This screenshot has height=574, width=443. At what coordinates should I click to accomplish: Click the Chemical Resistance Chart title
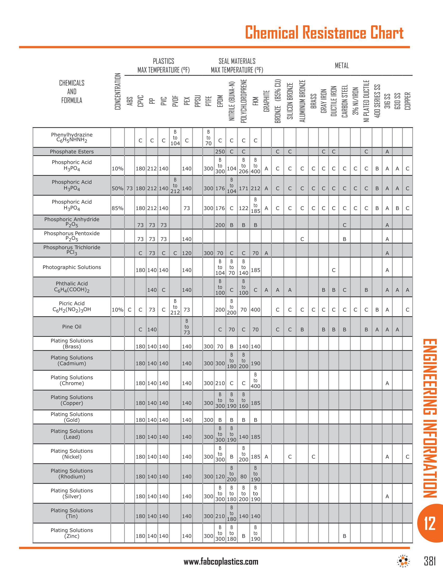tap(324, 33)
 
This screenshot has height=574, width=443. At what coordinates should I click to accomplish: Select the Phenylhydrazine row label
tap(72, 137)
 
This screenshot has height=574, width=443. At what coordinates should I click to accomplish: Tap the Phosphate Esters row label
tap(72, 152)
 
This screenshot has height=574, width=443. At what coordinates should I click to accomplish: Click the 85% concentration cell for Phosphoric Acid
tap(117, 208)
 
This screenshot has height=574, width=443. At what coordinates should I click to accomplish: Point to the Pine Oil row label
tap(72, 327)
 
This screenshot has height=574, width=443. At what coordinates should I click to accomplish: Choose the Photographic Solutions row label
tap(72, 267)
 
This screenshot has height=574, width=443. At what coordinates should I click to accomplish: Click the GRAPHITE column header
tap(266, 101)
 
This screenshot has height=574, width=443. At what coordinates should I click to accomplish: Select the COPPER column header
tap(407, 101)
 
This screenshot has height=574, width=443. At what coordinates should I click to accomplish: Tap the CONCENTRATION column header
tap(118, 92)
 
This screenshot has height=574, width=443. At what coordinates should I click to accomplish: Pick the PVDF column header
tap(175, 101)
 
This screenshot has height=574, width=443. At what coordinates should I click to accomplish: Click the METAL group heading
tap(342, 66)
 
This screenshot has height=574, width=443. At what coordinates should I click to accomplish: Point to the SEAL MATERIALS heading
tap(237, 61)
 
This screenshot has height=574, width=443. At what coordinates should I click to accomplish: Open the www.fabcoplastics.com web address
tap(221, 562)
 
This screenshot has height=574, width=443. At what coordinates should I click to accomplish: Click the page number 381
tap(430, 561)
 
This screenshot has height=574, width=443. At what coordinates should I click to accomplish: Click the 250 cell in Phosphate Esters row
tap(220, 152)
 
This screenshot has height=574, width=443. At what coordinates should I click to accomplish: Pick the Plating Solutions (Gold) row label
tap(72, 417)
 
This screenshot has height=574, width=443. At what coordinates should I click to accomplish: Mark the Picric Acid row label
tap(72, 307)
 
